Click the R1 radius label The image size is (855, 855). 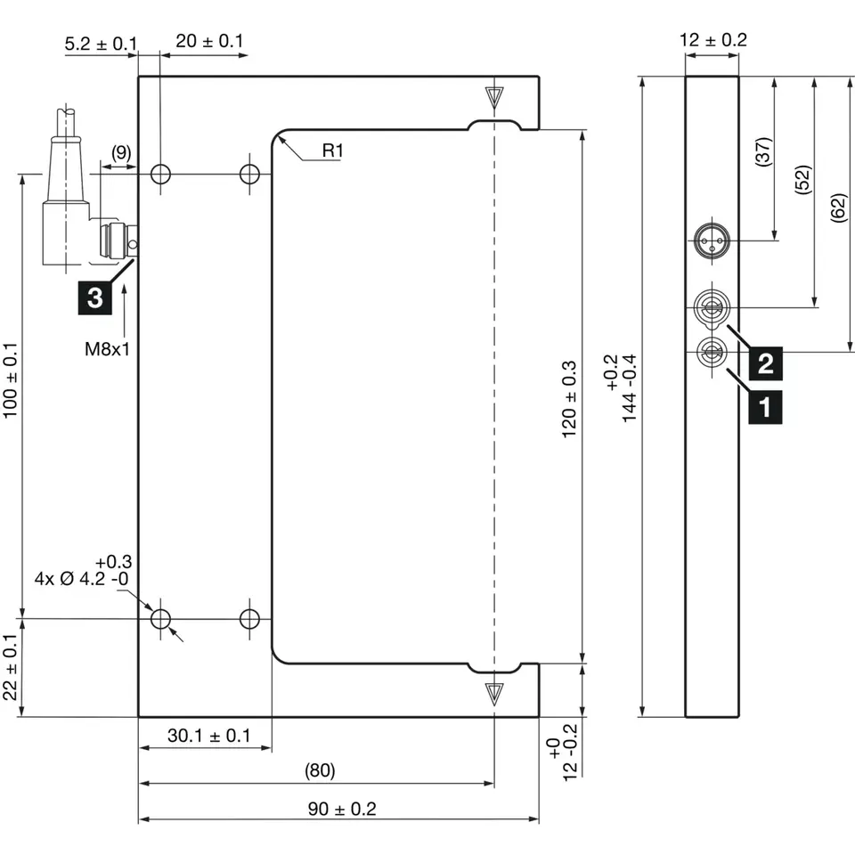coord(332,151)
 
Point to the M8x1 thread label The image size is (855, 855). coord(108,349)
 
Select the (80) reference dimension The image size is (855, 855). coord(320,770)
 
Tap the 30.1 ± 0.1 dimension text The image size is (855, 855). coord(208,736)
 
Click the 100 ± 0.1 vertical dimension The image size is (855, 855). coord(10,392)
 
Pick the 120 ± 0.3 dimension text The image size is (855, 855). coord(569,399)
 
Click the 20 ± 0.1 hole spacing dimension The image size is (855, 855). coord(209,41)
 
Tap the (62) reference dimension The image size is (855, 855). coord(838,208)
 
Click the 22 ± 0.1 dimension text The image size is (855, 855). coord(10,667)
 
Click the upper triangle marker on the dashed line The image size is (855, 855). coord(494,96)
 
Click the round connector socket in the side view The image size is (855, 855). coord(712,240)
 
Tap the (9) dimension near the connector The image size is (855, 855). coord(120,152)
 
